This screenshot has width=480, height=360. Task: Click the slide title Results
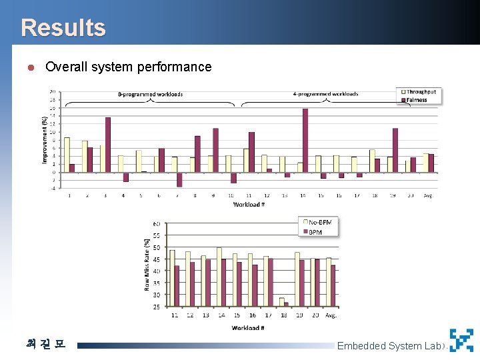coord(63,28)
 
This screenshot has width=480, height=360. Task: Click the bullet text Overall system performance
coord(128,67)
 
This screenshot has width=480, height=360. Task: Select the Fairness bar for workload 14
coord(305,140)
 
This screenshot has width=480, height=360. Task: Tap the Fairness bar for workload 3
coord(107,144)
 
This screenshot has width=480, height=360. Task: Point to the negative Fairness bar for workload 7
coord(179,179)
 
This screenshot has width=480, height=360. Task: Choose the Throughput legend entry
coord(421,91)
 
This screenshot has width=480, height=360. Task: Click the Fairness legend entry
coord(417,100)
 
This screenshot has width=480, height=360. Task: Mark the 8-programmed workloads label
coord(150,95)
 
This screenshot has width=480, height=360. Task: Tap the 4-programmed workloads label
coord(326,94)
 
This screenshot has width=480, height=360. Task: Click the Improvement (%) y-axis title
coord(45,138)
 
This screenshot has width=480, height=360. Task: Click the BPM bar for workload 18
coord(286,305)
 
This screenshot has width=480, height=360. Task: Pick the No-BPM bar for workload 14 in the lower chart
coord(219,277)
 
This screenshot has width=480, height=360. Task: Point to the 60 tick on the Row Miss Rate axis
coord(157,224)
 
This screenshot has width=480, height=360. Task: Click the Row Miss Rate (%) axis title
coord(147,265)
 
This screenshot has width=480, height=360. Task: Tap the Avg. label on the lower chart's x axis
coord(331,315)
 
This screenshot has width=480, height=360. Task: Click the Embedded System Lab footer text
coord(389,345)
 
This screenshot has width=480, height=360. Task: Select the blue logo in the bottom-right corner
coord(461,340)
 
